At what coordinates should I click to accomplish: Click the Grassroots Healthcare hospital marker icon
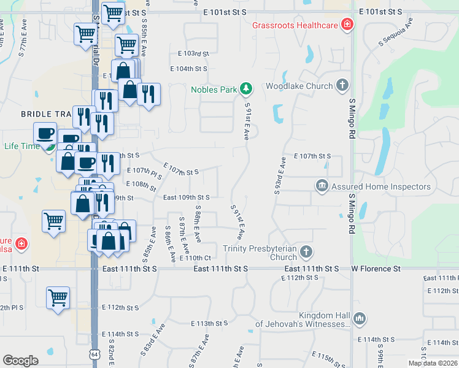click(x=347, y=25)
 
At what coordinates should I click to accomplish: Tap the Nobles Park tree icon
click(x=246, y=90)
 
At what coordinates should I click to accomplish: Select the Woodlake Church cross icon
click(x=342, y=86)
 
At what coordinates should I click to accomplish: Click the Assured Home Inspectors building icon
click(x=322, y=186)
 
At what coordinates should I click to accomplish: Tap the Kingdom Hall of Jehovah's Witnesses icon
click(x=360, y=318)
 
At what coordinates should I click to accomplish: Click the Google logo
click(x=20, y=360)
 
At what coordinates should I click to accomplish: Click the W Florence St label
click(x=376, y=269)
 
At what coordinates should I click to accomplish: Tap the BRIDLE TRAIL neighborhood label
click(x=47, y=114)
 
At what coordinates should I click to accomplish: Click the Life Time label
click(x=21, y=146)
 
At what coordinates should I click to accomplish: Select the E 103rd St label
click(x=193, y=54)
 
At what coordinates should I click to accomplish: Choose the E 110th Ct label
click(x=195, y=258)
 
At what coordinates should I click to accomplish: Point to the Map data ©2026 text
click(x=432, y=362)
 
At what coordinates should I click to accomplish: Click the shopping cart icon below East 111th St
click(x=58, y=298)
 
